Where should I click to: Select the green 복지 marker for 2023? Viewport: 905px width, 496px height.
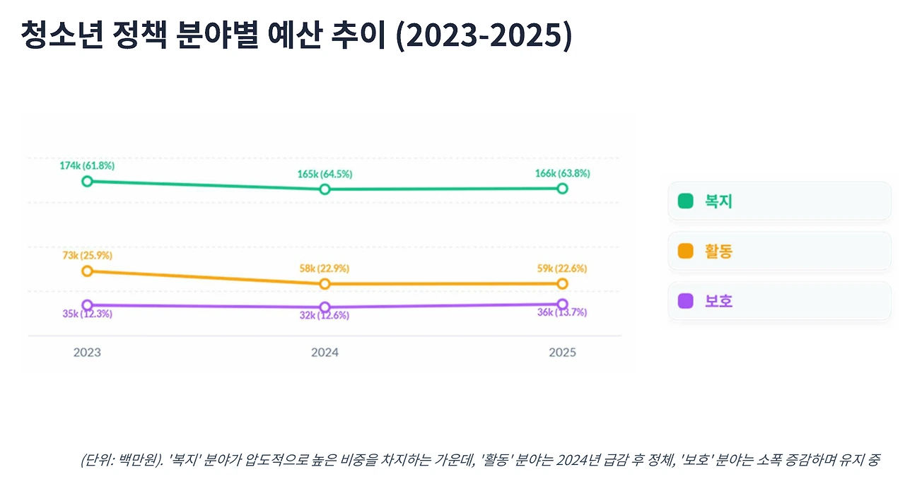pyautogui.click(x=87, y=181)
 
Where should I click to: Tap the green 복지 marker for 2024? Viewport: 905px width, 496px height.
pyautogui.click(x=325, y=189)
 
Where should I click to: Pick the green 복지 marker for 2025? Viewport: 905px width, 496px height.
pyautogui.click(x=562, y=188)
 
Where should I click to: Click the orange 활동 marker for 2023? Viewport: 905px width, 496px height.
pyautogui.click(x=87, y=271)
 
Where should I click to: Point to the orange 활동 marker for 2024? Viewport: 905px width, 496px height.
pyautogui.click(x=325, y=283)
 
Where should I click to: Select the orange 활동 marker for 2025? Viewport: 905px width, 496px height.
pyautogui.click(x=562, y=283)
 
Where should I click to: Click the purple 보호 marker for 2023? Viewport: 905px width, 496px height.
pyautogui.click(x=87, y=305)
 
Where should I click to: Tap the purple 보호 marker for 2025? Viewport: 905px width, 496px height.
pyautogui.click(x=562, y=304)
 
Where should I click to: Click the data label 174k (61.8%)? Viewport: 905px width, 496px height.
pyautogui.click(x=87, y=165)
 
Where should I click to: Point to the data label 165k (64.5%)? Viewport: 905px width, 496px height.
pyautogui.click(x=325, y=174)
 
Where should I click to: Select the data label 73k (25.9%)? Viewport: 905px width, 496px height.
pyautogui.click(x=87, y=255)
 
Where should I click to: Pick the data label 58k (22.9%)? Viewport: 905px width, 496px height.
pyautogui.click(x=325, y=268)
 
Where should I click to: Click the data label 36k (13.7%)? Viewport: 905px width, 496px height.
pyautogui.click(x=562, y=313)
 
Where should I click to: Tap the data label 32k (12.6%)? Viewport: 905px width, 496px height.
pyautogui.click(x=325, y=316)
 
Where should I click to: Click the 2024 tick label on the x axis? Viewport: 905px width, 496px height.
pyautogui.click(x=325, y=352)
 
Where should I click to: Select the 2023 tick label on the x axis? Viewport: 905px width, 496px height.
pyautogui.click(x=87, y=352)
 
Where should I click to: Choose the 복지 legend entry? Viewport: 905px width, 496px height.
pyautogui.click(x=779, y=201)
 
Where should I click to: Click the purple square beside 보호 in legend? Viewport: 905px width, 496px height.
pyautogui.click(x=685, y=301)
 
